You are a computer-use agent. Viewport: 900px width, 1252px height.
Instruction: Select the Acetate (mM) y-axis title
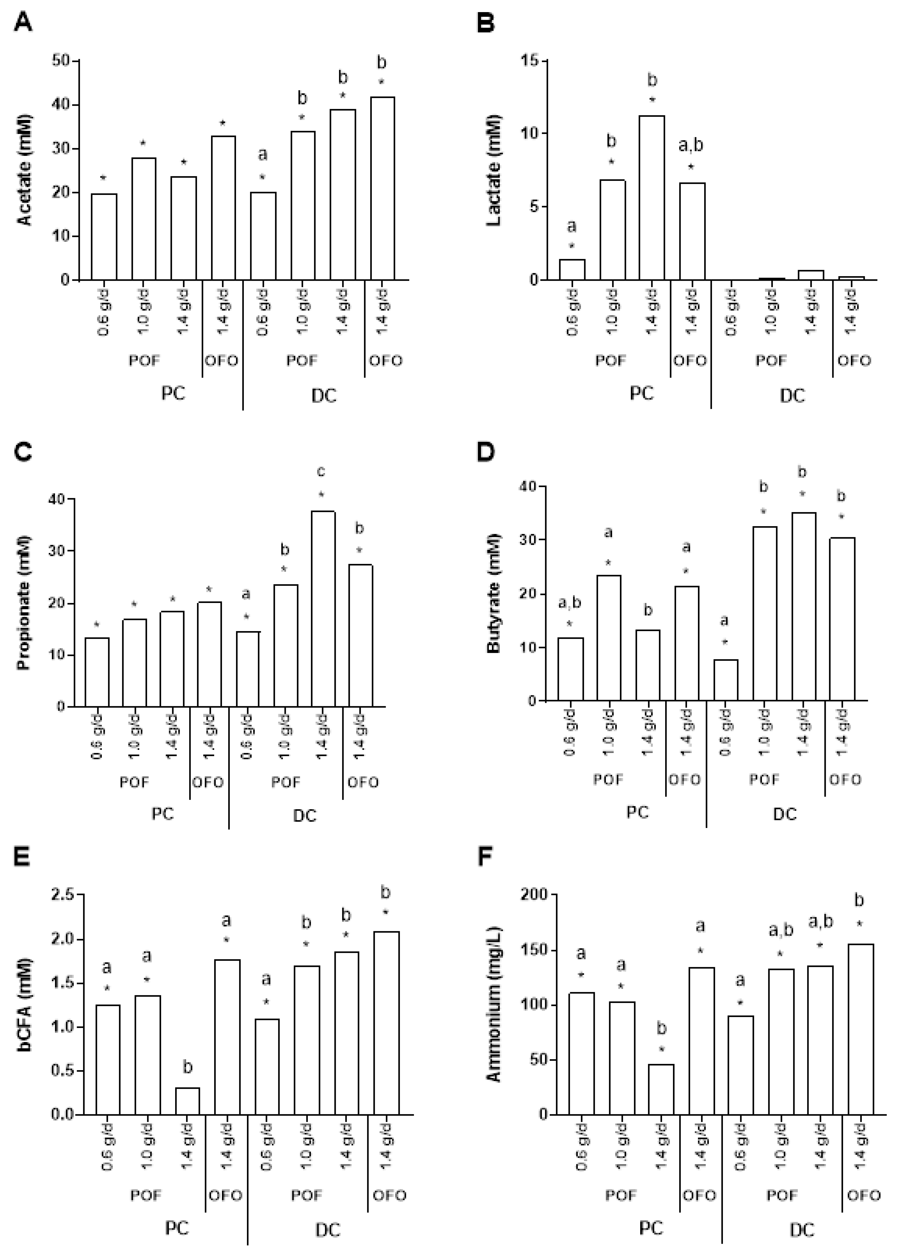click(x=25, y=170)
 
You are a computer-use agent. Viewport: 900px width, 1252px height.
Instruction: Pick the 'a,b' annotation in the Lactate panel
click(x=691, y=145)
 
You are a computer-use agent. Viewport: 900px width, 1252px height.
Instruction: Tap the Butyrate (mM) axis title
click(x=493, y=594)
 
